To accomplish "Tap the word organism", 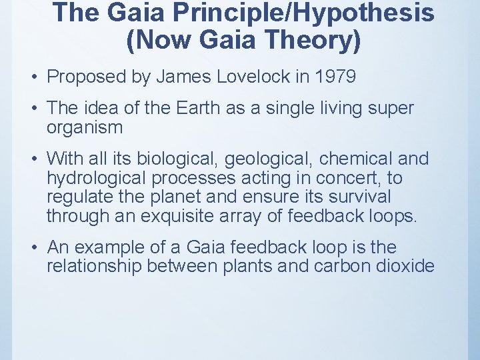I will [85, 127].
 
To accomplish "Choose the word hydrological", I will [97, 179].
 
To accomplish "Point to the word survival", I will [357, 197].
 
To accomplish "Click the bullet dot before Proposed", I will [33, 77].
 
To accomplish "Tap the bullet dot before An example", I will [33, 248].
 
